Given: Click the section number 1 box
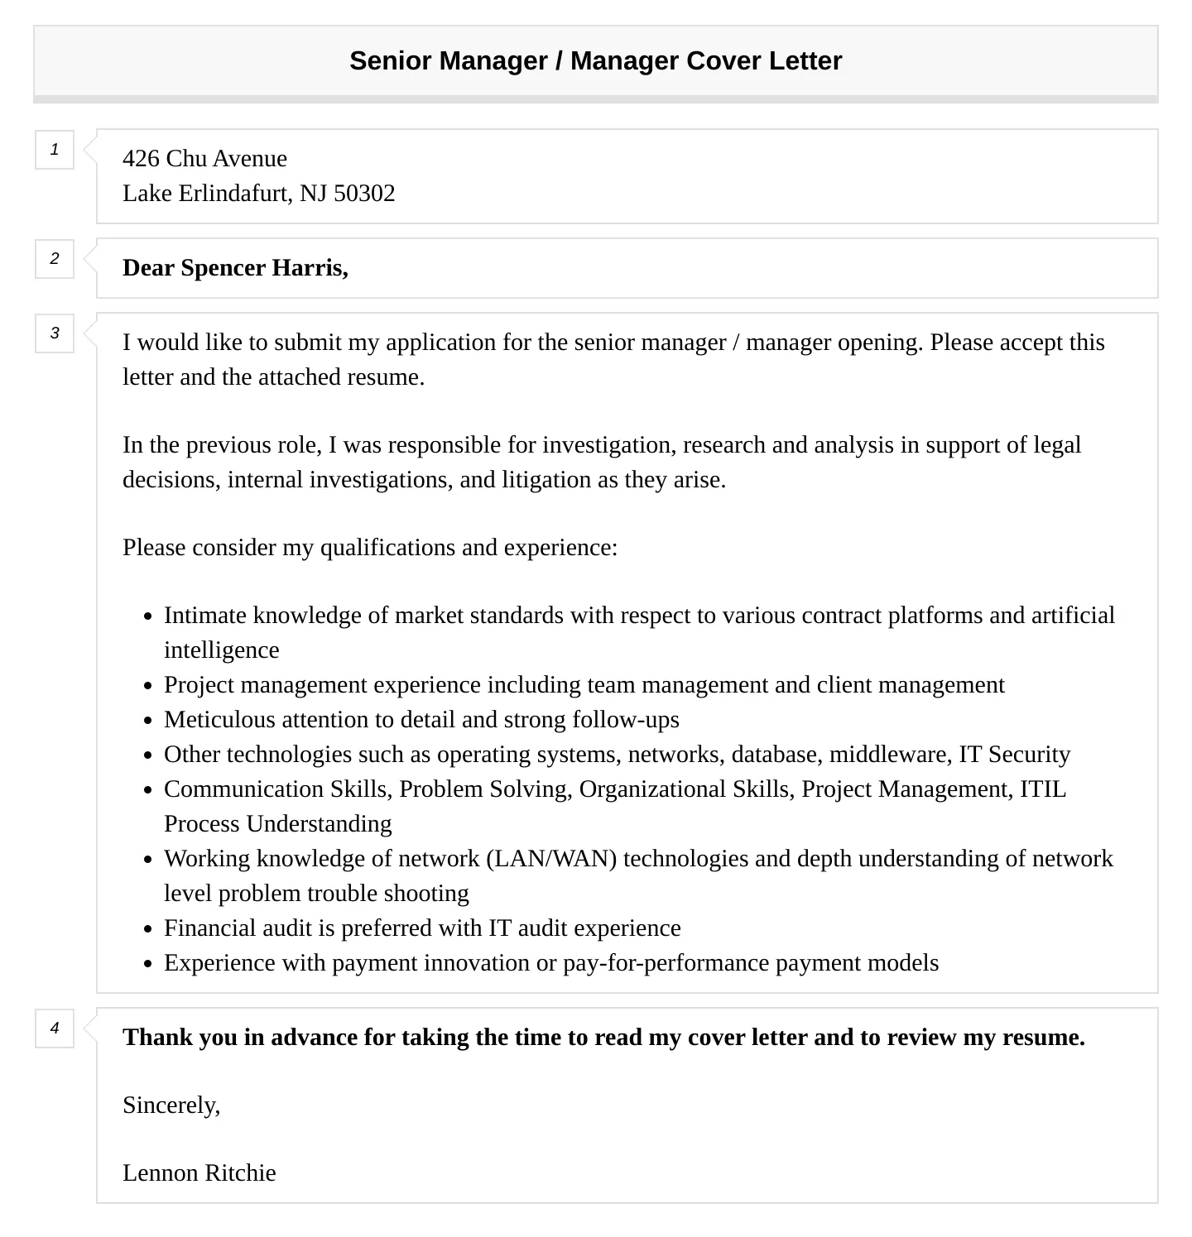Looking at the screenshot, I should point(55,150).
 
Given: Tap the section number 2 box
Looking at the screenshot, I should point(55,259).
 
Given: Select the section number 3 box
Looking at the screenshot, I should point(55,333).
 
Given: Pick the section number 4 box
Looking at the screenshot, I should point(55,1028).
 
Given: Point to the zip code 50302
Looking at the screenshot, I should point(364,194).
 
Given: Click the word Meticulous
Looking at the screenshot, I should point(220,720).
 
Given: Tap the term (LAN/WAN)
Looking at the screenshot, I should point(552,859).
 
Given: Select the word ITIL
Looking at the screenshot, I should point(1042,789).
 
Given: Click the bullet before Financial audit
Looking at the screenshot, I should point(147,929).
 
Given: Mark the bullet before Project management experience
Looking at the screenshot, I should point(147,686).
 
